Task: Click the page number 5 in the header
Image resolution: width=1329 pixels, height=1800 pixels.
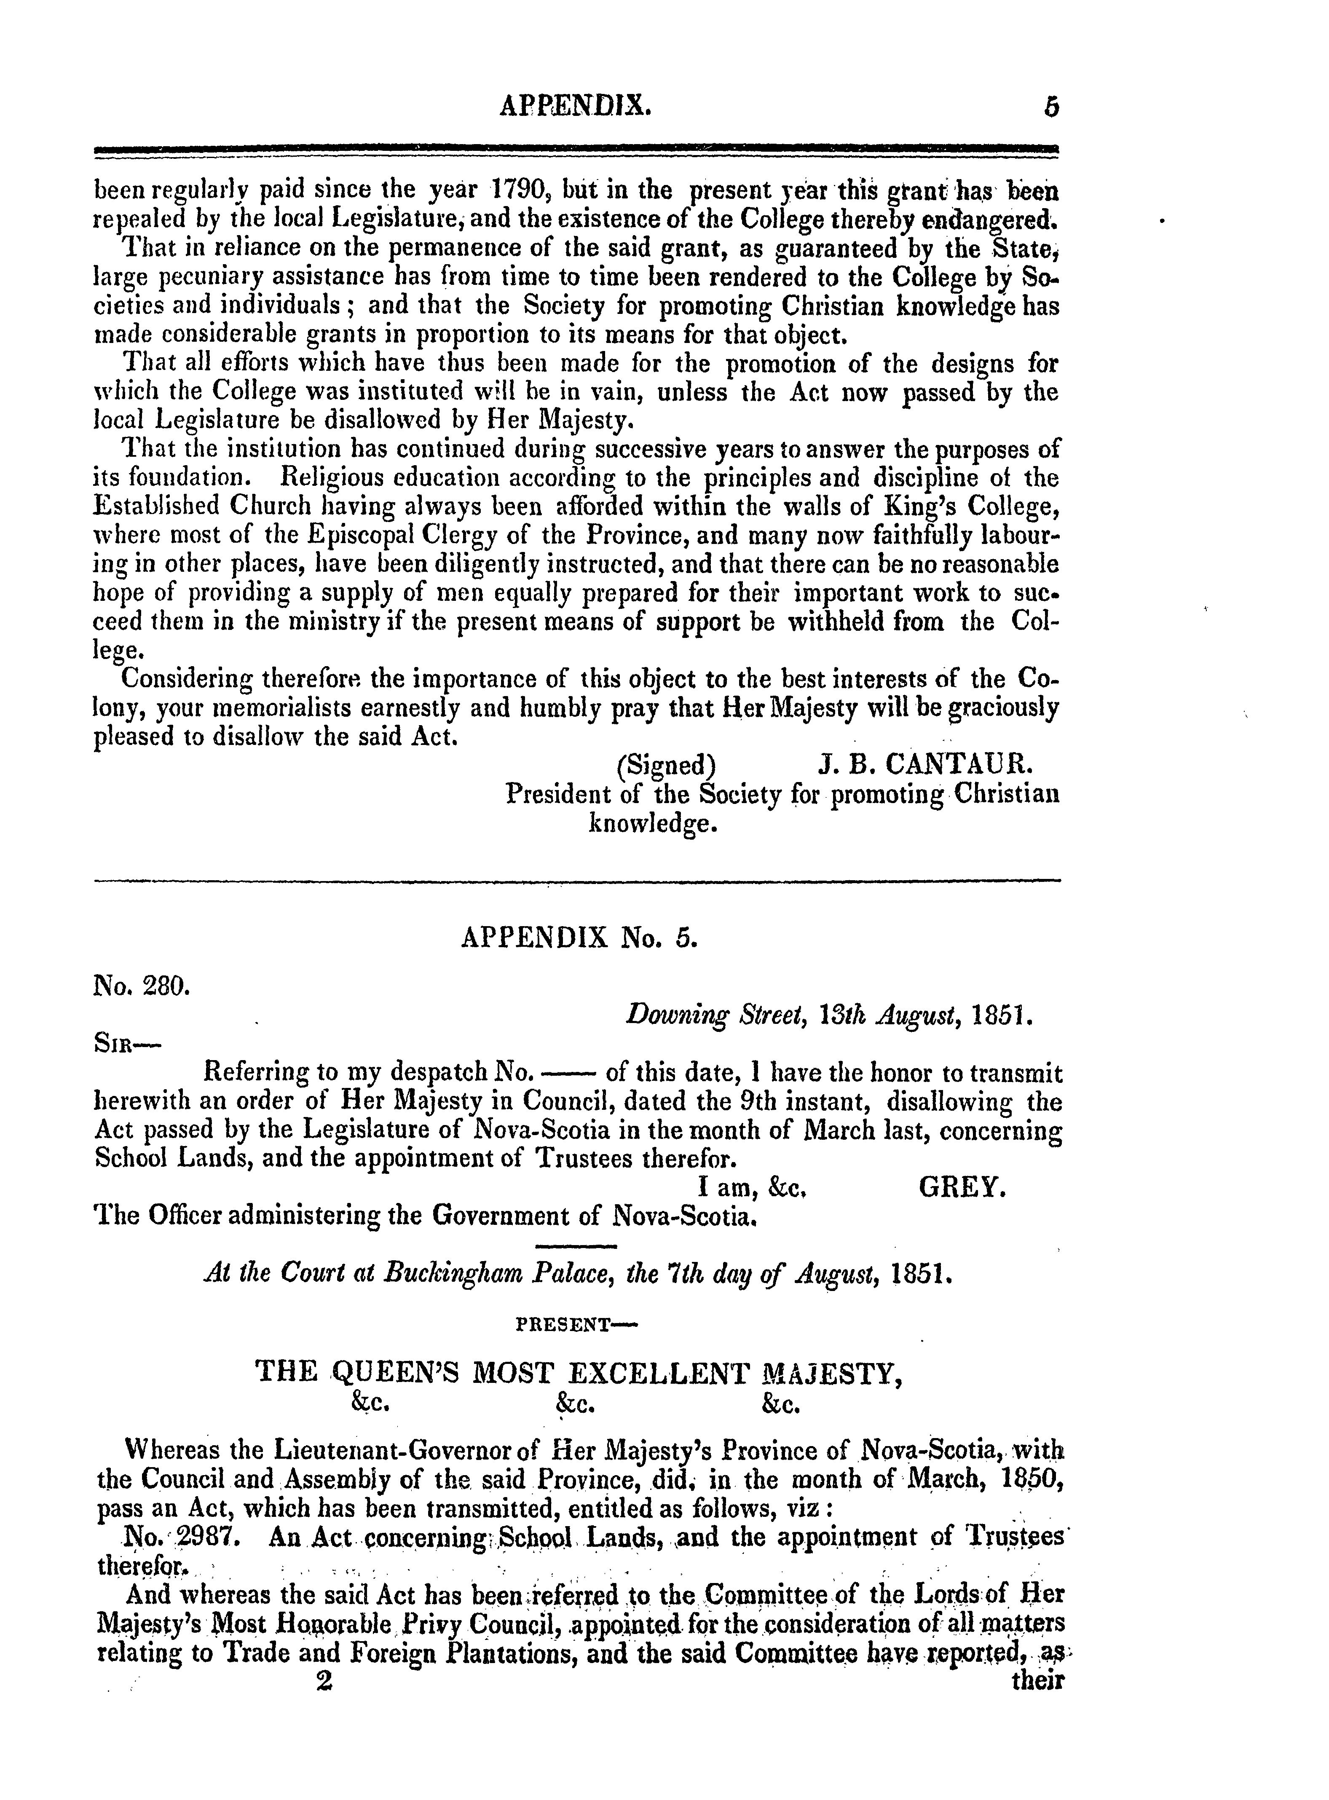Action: (1050, 107)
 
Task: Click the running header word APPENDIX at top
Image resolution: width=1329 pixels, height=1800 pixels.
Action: (575, 105)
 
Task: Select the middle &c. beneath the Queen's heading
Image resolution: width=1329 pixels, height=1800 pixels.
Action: (575, 1404)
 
